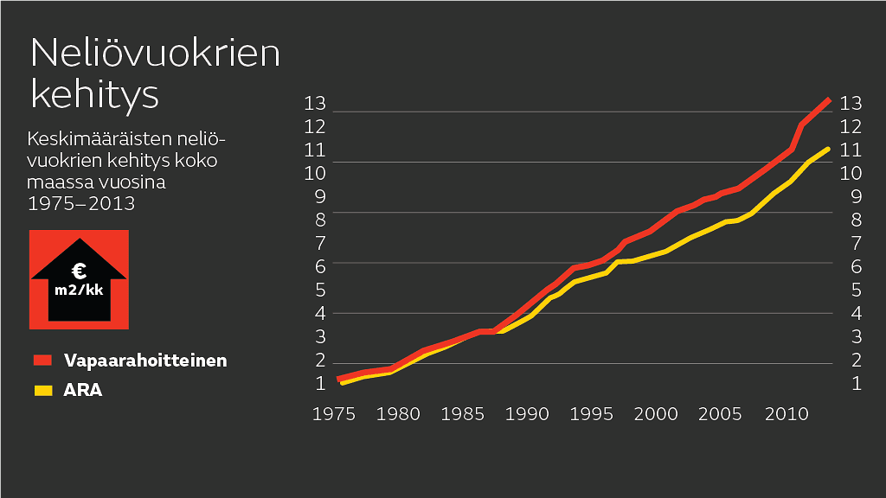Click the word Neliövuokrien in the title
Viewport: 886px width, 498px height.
[x=156, y=54]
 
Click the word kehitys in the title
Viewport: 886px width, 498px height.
[x=94, y=93]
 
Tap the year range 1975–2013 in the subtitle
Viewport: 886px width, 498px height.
[x=81, y=204]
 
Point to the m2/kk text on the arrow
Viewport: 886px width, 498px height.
[x=79, y=290]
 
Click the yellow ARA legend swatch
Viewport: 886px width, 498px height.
[x=42, y=390]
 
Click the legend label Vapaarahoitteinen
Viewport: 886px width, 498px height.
[x=144, y=361]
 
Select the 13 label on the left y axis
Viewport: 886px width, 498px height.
[x=315, y=104]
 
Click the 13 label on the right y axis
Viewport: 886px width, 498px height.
[x=851, y=104]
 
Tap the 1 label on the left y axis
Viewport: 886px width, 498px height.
[x=320, y=382]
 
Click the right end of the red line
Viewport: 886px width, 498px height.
[x=829, y=100]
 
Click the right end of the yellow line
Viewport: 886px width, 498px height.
[x=829, y=149]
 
